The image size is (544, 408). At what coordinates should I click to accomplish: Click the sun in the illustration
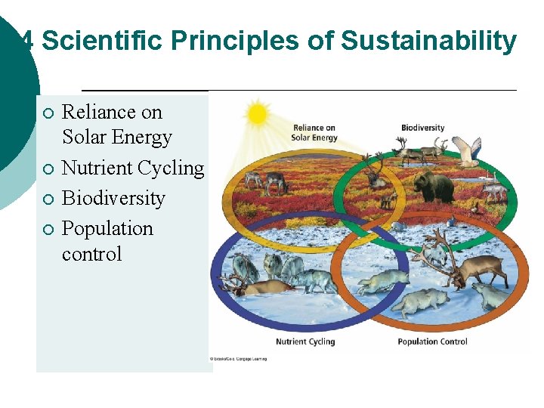point(257,114)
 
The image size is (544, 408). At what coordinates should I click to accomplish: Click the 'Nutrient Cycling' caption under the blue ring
point(304,342)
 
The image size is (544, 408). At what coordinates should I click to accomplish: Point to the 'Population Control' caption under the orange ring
point(432,342)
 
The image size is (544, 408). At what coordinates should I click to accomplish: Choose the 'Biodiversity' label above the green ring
point(422,128)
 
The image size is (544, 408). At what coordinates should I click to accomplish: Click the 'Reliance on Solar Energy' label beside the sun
point(314,132)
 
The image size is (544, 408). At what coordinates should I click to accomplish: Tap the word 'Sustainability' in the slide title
point(428,41)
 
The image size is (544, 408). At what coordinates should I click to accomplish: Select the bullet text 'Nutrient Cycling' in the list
point(132,168)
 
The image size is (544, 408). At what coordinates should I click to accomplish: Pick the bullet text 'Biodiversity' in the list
point(113,198)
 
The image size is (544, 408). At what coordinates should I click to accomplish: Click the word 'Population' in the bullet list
point(107,228)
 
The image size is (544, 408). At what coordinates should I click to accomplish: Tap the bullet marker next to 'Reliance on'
point(47,113)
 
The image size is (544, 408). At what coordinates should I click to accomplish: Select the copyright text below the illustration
point(238,359)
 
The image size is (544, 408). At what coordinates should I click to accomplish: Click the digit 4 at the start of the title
point(28,41)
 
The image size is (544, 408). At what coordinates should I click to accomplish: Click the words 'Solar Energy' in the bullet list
point(116,138)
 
